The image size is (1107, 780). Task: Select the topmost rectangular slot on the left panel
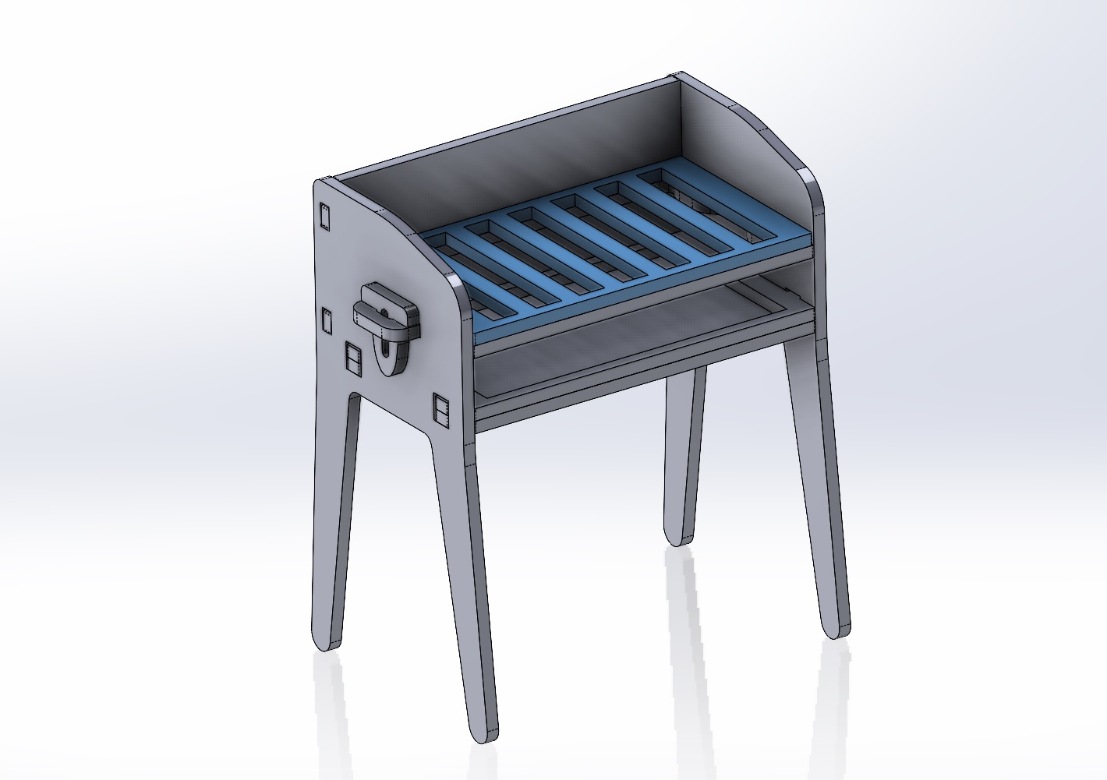click(324, 216)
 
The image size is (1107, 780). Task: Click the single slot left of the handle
click(328, 320)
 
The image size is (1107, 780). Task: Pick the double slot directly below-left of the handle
click(353, 358)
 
